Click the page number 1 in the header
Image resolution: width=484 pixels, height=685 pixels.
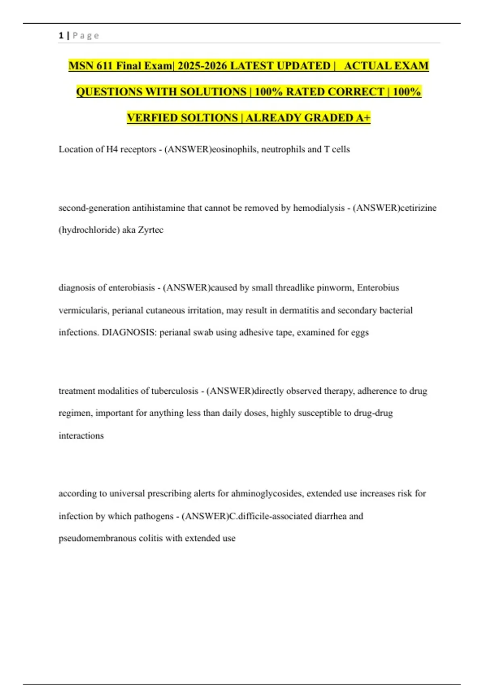pyautogui.click(x=61, y=35)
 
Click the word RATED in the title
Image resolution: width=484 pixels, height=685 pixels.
pyautogui.click(x=305, y=92)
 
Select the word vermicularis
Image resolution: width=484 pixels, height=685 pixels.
pyautogui.click(x=84, y=310)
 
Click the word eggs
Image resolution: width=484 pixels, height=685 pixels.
pyautogui.click(x=360, y=332)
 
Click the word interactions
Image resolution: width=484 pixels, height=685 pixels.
pyautogui.click(x=81, y=436)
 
